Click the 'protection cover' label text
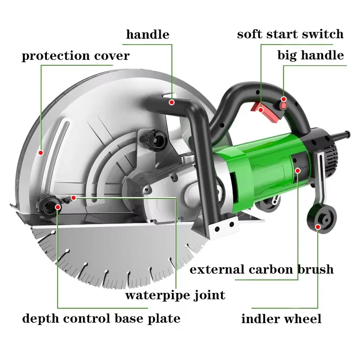coord(76,56)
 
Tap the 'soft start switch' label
coord(290,34)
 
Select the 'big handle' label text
coord(310,55)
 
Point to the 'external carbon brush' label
coord(261,269)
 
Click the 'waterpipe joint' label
coord(175,295)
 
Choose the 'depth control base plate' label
coord(101,319)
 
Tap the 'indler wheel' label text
coord(281,319)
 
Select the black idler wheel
coord(322,218)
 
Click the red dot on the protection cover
coord(41,153)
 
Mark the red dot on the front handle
coord(171,103)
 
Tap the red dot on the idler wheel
coord(318,227)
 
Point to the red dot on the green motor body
coord(298,171)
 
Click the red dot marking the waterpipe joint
coord(73,198)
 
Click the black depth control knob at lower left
coord(49,206)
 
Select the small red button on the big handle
coord(284,105)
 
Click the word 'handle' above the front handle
coord(148,35)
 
